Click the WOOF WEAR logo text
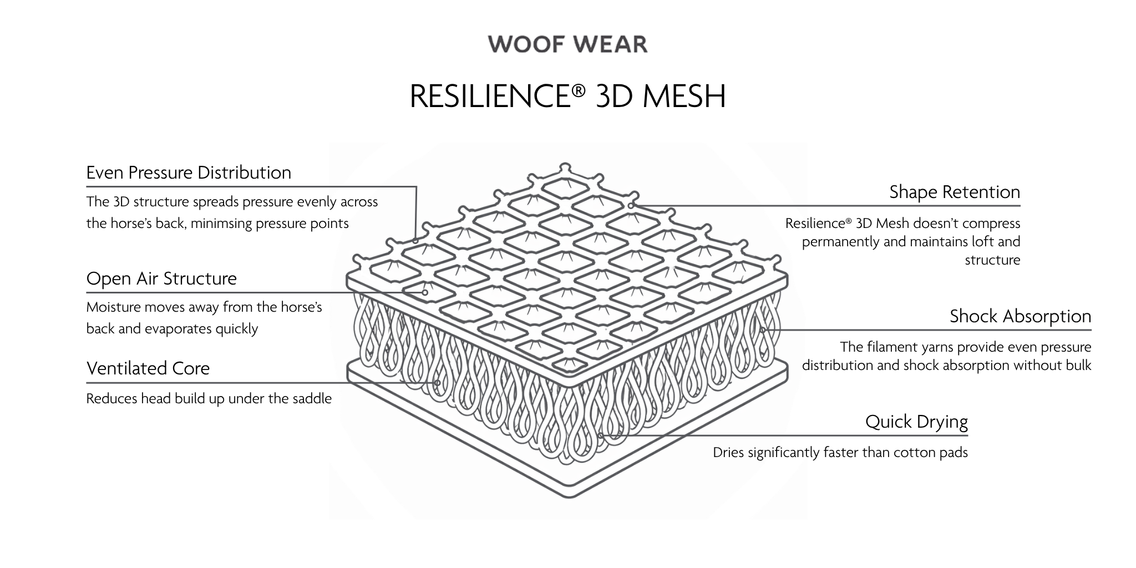pos(567,44)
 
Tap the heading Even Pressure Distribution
pos(189,173)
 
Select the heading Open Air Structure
pos(161,278)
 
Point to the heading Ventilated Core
pos(148,368)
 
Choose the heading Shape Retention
pos(955,192)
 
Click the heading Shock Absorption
pos(1020,316)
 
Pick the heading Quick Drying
pos(916,422)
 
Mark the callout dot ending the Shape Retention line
pos(631,206)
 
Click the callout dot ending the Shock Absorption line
pos(763,330)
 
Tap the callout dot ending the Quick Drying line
pos(601,435)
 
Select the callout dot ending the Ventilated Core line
pos(438,383)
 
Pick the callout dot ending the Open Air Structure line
pos(425,292)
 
